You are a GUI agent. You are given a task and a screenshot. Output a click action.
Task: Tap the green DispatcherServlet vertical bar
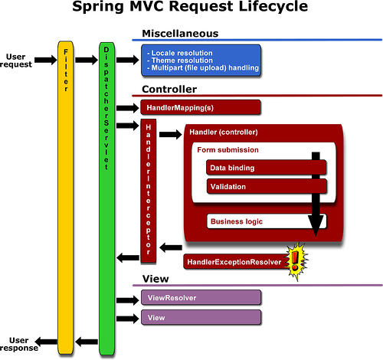pos(106,191)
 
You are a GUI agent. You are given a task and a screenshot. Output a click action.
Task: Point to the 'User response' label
pos(18,343)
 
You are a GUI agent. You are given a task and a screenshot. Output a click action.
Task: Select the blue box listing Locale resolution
pos(201,60)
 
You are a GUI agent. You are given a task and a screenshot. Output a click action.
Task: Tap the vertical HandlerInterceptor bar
pos(148,188)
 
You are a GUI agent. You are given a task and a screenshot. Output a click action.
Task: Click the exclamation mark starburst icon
pos(295,261)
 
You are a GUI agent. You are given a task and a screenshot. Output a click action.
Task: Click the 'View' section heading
pos(155,278)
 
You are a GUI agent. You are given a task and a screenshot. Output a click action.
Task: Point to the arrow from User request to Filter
pos(44,60)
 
